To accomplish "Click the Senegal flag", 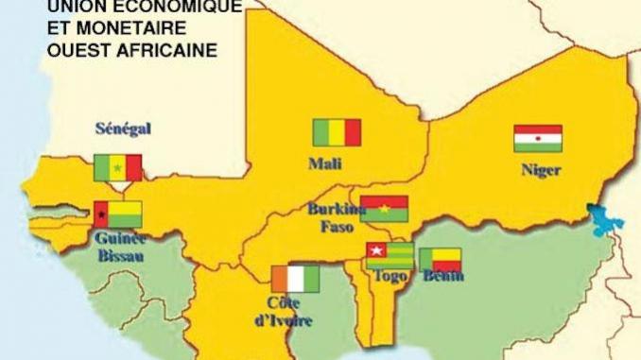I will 117,168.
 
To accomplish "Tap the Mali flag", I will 338,132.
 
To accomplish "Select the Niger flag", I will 538,139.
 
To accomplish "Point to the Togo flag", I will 390,255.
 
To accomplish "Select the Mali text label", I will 325,163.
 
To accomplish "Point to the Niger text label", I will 541,171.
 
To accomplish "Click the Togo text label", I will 386,277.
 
